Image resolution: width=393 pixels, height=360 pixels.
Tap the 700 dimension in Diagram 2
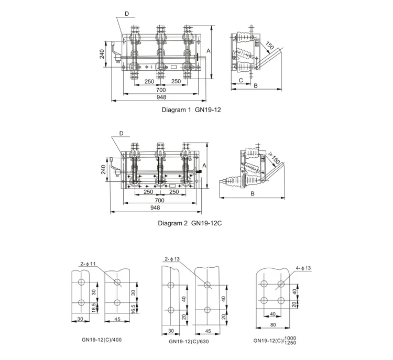160,200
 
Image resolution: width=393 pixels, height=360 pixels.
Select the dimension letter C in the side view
240,80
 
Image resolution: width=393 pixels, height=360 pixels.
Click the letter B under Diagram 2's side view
253,193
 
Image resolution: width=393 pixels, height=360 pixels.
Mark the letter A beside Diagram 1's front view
209,51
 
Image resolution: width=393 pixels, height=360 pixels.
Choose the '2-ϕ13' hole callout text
173,259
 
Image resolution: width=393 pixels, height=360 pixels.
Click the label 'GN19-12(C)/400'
100,339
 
